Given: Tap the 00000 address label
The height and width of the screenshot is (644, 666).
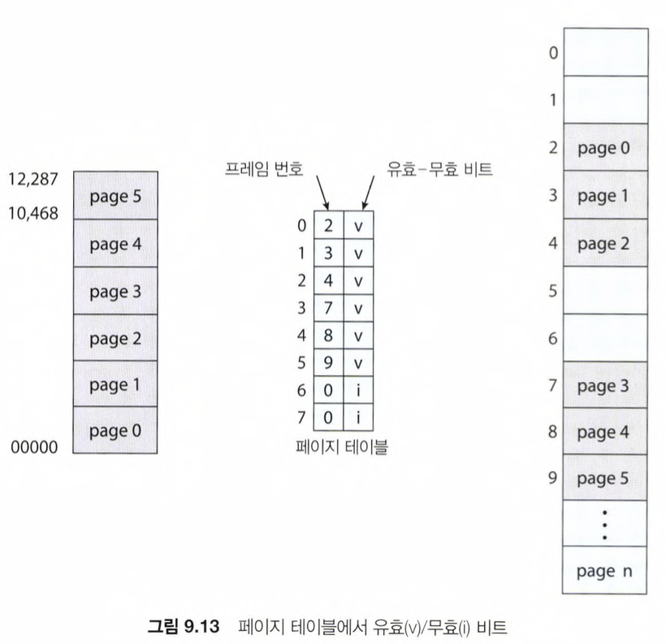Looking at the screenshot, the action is coord(35,446).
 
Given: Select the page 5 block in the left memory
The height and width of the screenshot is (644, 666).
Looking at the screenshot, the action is coord(115,196).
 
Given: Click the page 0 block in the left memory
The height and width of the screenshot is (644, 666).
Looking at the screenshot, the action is coord(115,430).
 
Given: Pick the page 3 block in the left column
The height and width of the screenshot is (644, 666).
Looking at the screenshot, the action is coord(115,291).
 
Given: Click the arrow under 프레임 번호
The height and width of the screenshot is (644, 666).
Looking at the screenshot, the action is coord(322,193).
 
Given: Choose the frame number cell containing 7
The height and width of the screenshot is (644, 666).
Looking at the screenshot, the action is coord(328,309).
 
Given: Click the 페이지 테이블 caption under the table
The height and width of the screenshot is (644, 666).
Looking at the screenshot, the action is coord(340,445).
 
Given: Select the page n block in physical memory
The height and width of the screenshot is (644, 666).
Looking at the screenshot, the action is coord(605,571).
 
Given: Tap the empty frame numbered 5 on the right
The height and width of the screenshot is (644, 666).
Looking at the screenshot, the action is coord(605,290).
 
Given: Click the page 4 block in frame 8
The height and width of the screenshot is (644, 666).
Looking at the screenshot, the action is coord(605,432).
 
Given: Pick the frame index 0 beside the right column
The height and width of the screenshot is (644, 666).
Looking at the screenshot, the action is coord(554,54).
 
